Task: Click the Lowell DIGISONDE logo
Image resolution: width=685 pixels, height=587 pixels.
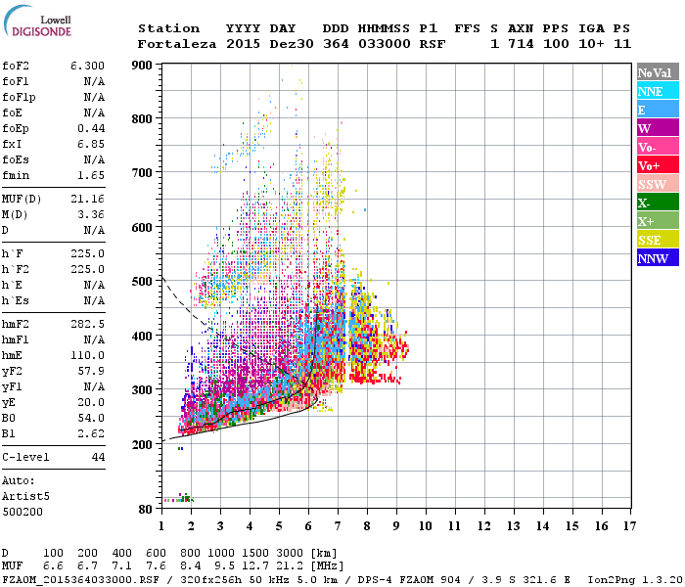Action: tap(43, 25)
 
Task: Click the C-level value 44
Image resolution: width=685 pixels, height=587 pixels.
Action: tap(98, 457)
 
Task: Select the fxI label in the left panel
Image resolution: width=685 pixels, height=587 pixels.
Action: tap(13, 144)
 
